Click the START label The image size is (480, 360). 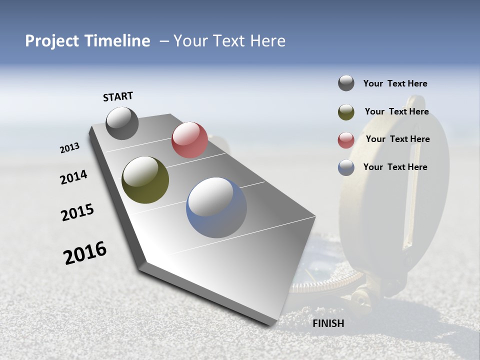pos(118,96)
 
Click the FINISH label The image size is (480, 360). pos(328,323)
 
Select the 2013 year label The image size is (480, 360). pos(70,148)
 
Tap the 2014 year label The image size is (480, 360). pos(73,177)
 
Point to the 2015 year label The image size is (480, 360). pos(77,212)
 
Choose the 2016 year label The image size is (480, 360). pos(85,253)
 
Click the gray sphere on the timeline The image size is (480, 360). pos(122,123)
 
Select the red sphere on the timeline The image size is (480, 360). pos(189,140)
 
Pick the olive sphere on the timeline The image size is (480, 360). pos(145,180)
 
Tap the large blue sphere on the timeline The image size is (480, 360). pos(216,207)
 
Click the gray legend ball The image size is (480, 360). pos(346,83)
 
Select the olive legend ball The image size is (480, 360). pos(346,112)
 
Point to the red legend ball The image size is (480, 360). pos(346,140)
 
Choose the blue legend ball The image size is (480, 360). pos(346,167)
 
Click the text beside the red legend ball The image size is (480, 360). pos(397,139)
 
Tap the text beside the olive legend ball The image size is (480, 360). pos(396,111)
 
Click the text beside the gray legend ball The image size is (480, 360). pos(395,83)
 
